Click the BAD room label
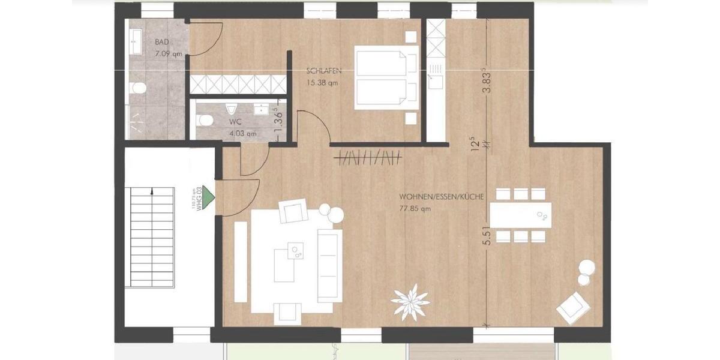click(161, 42)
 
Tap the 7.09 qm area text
click(168, 54)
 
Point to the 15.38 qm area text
click(322, 83)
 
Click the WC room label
click(235, 122)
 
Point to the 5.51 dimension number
click(488, 233)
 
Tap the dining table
click(520, 215)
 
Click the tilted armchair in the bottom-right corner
click(570, 308)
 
